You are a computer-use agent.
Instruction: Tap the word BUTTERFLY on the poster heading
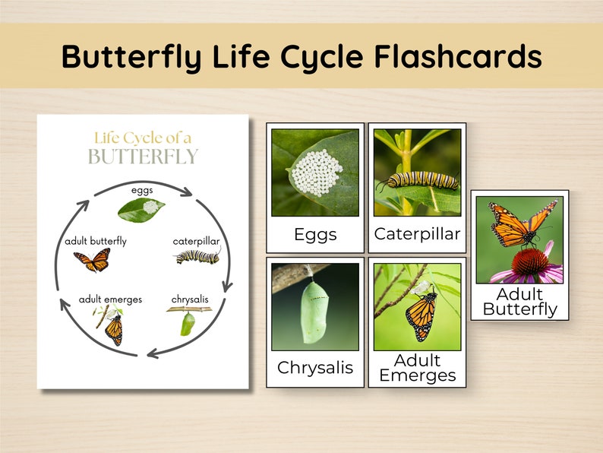coord(143,157)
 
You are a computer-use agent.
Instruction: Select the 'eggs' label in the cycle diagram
coord(143,190)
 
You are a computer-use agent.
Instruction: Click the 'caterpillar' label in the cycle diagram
coord(197,241)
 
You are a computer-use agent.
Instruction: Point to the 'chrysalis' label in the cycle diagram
coord(190,299)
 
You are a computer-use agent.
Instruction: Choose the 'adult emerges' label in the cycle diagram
coord(110,299)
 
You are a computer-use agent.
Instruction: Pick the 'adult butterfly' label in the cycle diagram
coord(96,241)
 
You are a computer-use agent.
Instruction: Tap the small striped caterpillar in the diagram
coord(198,258)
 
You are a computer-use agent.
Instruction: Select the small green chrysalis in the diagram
coord(185,324)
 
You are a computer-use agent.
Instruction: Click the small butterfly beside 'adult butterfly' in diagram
coord(92,261)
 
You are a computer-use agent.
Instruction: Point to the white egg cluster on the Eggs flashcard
coord(317,172)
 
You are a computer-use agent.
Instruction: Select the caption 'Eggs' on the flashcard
coord(315,235)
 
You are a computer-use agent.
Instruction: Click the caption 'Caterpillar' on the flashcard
coord(417,234)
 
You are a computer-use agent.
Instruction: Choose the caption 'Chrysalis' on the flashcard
coord(315,368)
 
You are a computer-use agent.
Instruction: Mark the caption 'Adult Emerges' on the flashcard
coord(417,368)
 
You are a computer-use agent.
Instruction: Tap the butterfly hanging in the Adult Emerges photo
coord(421,315)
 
